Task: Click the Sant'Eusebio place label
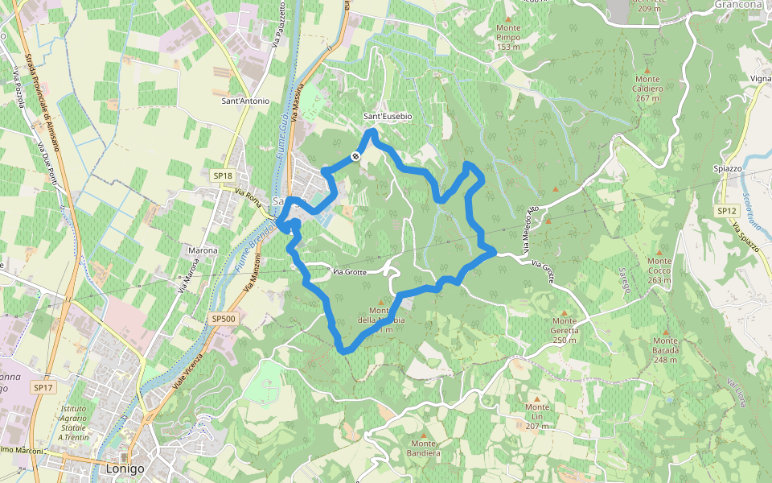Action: point(387,117)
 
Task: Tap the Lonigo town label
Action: point(125,469)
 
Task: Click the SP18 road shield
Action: point(223,175)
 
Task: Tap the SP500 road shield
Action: point(224,319)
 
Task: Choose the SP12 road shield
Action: point(727,211)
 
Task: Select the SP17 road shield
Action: point(43,387)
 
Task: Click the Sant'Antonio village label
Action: point(245,101)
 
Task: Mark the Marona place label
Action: point(203,250)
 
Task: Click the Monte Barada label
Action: point(666,355)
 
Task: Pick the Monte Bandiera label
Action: point(424,448)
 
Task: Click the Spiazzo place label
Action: point(727,168)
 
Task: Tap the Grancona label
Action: point(737,4)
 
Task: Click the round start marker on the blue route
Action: point(355,156)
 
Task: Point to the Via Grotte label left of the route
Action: point(350,272)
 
